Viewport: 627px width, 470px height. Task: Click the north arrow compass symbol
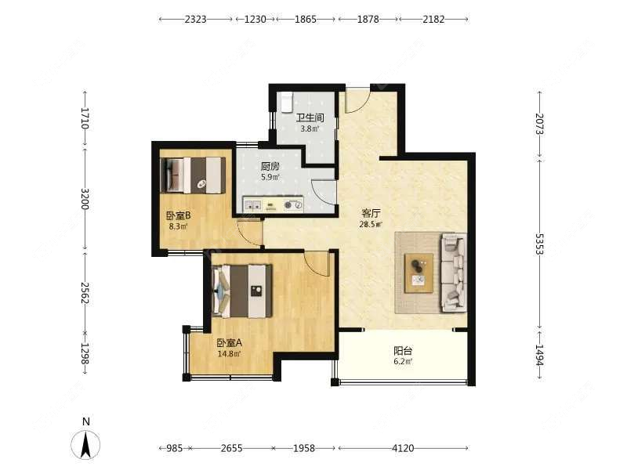(86, 444)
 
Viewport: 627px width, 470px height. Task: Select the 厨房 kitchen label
(270, 166)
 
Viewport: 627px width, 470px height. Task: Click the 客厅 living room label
(371, 213)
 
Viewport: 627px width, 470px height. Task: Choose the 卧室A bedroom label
(229, 342)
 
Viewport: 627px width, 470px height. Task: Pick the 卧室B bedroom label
(178, 215)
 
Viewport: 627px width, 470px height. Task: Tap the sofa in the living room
(453, 271)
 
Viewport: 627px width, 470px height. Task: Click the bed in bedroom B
(193, 175)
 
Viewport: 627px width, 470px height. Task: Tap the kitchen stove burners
(294, 206)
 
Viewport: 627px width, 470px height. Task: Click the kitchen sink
(252, 206)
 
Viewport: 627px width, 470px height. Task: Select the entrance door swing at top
(357, 100)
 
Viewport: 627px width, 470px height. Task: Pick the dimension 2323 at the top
(195, 19)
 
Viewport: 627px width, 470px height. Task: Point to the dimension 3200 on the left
(85, 197)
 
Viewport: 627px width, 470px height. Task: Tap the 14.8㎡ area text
(229, 353)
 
